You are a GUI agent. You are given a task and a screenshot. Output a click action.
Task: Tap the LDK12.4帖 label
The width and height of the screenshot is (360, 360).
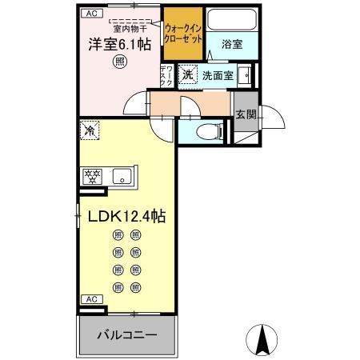[122, 216]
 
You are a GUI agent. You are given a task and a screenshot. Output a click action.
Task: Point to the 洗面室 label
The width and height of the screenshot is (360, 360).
[216, 75]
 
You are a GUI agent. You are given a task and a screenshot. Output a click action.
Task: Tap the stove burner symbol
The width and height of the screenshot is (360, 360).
[90, 176]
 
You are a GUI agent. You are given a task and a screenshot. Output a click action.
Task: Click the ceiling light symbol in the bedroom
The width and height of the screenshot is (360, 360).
[118, 61]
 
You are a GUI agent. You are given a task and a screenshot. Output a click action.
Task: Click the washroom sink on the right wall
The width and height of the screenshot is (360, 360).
[246, 76]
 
